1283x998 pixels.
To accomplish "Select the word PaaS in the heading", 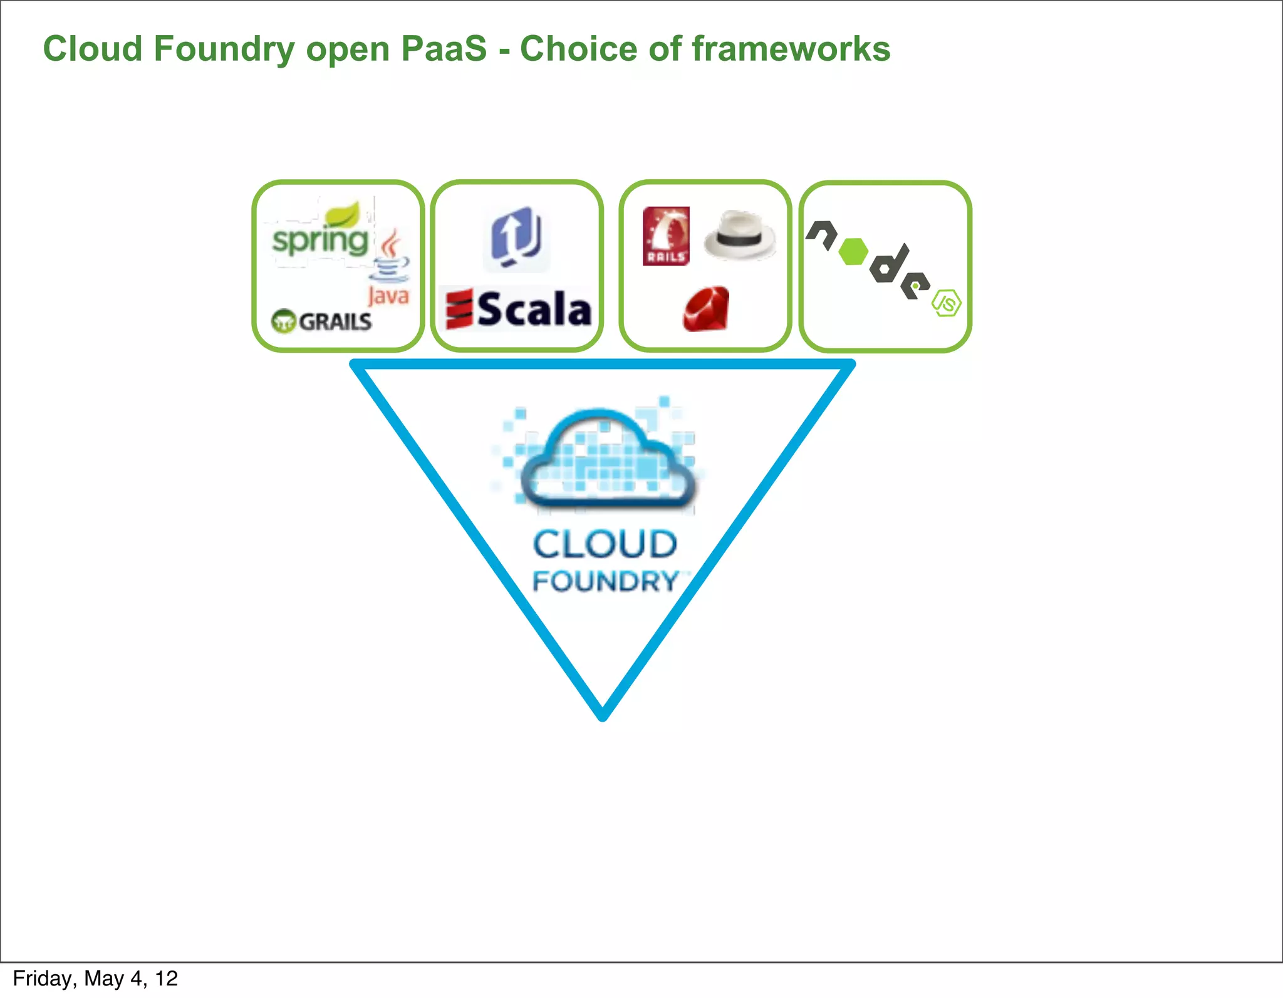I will pos(444,49).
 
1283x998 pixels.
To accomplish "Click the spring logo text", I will pos(320,241).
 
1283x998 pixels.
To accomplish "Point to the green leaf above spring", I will pos(344,215).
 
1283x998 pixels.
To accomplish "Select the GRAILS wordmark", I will pos(335,321).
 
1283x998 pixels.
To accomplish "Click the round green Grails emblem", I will pos(283,321).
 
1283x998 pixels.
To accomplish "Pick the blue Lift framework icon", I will pos(516,238).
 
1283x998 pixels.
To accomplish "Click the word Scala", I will pos(534,309).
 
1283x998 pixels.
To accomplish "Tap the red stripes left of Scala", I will pos(459,309).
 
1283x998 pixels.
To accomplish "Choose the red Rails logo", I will pos(666,236).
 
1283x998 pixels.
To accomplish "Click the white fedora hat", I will pos(740,235).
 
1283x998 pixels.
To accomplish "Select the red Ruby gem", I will pos(707,309).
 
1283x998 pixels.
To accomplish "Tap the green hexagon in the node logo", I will pos(853,251).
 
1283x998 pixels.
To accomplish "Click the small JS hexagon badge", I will pos(947,303).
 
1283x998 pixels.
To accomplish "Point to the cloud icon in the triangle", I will pos(606,460).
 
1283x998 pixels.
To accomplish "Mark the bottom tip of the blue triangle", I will pos(603,716).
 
